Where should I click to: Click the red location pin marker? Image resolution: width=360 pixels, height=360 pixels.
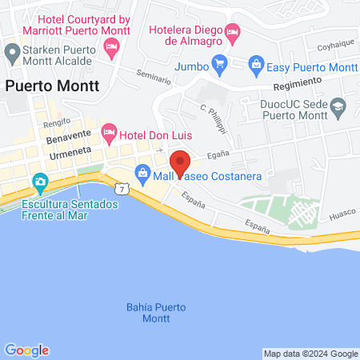coord(180,162)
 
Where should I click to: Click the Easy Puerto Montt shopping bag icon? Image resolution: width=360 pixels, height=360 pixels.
coord(256,62)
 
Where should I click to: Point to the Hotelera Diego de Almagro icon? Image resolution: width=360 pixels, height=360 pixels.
coord(233,34)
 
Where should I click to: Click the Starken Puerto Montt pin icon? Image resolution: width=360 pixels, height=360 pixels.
coord(11,54)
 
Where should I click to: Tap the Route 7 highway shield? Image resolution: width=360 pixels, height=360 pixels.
coord(122,188)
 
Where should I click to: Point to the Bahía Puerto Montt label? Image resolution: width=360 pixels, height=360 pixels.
coord(158,313)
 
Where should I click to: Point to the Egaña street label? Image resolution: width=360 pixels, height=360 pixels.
coord(218,156)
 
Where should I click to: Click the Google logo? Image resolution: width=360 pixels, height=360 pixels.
coord(26,350)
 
